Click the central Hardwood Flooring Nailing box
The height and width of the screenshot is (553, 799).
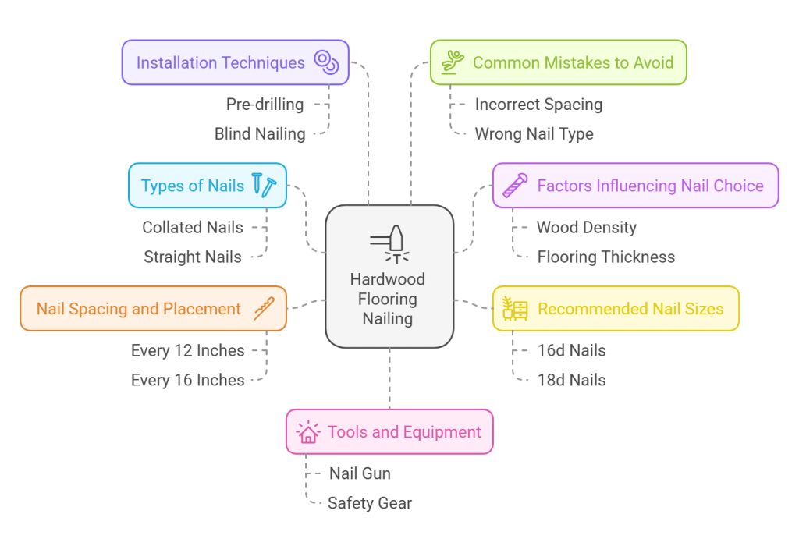(389, 299)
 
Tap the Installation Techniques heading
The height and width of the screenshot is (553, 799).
(221, 62)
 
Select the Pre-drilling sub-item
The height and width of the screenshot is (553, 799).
(265, 104)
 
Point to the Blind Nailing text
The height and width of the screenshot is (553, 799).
(260, 133)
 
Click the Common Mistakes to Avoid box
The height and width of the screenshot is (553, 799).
(558, 62)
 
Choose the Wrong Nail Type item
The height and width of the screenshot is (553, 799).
(534, 133)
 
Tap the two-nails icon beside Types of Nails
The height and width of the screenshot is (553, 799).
(264, 185)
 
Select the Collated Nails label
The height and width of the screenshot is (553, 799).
(193, 227)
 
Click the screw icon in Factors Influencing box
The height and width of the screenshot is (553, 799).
(515, 186)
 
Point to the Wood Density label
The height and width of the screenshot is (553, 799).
(586, 227)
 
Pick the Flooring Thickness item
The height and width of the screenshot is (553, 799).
(605, 257)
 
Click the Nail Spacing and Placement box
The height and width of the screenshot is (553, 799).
(153, 308)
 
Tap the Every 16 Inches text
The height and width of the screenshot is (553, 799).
(187, 380)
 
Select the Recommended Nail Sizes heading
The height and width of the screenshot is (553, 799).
(630, 308)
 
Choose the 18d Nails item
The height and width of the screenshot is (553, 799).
(571, 380)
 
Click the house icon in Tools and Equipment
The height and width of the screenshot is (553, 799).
(308, 432)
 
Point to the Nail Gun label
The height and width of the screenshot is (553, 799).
(360, 473)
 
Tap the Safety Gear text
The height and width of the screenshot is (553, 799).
(369, 503)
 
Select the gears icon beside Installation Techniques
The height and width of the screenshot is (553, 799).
(325, 62)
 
